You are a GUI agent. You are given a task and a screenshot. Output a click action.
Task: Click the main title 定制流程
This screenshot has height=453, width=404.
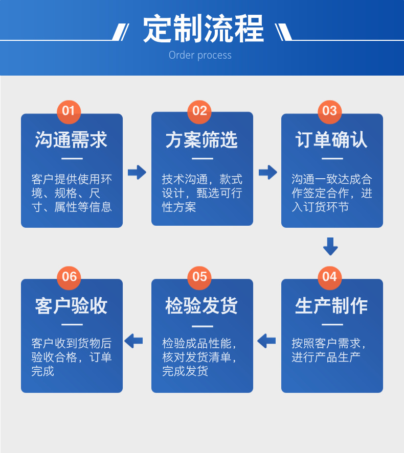point(204,28)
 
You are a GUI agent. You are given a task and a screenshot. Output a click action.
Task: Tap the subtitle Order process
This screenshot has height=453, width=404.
point(200,55)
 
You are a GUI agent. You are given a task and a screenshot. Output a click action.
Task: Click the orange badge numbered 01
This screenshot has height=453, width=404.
point(69,111)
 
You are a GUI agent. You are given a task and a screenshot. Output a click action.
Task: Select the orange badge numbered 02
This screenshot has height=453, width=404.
point(199,111)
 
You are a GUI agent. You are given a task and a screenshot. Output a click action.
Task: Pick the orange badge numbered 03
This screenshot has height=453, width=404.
point(330,111)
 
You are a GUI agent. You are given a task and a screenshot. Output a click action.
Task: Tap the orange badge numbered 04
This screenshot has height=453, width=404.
point(330,277)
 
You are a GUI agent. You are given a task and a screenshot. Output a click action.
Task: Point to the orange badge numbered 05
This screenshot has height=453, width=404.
point(199,277)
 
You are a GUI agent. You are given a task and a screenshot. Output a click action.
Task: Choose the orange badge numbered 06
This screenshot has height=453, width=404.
point(69,277)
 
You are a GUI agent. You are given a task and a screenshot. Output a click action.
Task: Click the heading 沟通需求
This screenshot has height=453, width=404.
point(71,140)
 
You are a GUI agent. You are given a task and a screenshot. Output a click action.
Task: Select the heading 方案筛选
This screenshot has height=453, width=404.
point(201,140)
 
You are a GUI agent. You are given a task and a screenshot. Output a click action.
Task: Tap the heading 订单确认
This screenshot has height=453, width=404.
point(331,140)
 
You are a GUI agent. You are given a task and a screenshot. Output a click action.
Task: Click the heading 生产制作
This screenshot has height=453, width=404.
point(331,305)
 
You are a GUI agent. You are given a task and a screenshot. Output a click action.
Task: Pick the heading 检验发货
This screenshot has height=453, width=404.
point(201,305)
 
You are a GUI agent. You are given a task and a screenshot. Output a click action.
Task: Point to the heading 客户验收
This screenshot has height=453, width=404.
point(71,305)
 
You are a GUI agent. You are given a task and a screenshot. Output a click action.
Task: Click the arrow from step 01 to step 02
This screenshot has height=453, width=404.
point(137,172)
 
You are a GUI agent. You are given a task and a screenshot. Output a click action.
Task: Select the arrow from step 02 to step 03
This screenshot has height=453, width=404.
point(268,172)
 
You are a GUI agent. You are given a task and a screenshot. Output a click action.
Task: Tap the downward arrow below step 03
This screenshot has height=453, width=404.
point(330,247)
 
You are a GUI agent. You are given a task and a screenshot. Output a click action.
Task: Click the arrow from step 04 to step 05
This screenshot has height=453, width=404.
point(266,341)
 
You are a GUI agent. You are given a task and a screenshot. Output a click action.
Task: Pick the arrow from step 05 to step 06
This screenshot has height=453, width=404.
point(133,341)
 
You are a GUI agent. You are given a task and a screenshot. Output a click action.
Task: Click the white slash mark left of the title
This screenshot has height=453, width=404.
point(121,32)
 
